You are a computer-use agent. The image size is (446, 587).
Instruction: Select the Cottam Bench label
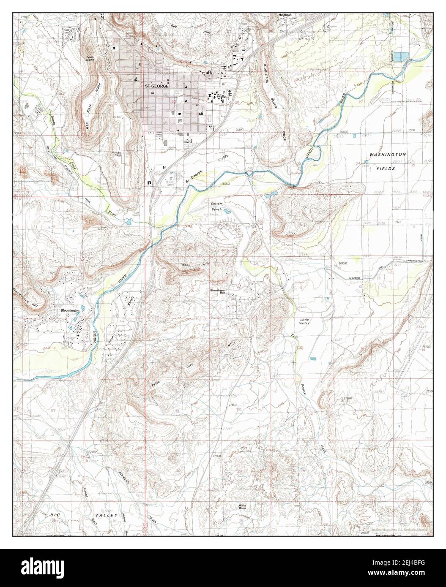click(216, 206)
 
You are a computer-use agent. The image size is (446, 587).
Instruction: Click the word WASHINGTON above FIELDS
click(388, 155)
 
